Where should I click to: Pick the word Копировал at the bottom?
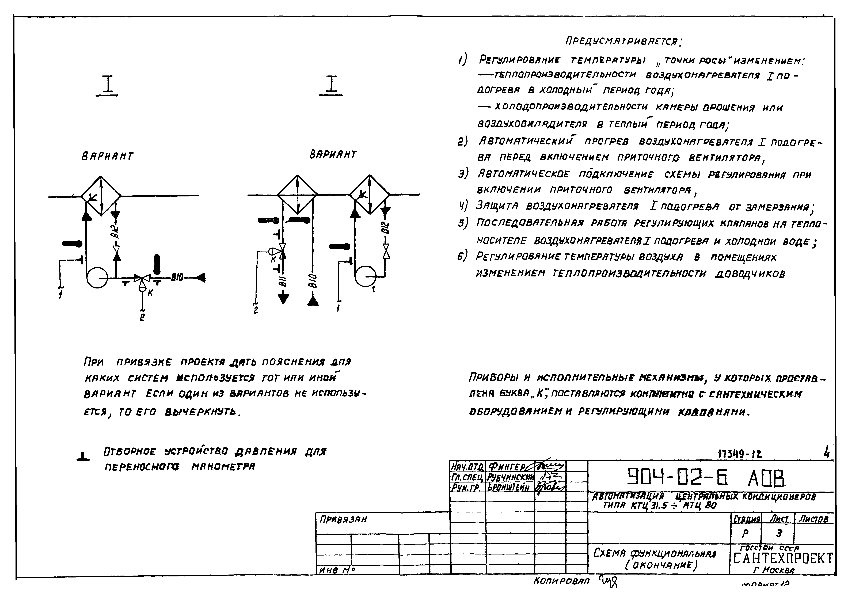[561, 581]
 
